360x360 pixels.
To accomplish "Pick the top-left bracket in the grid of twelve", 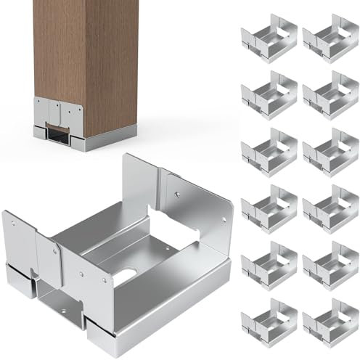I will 268,41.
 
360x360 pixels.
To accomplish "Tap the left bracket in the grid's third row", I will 268,152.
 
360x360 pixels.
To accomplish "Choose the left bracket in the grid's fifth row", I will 268,264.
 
